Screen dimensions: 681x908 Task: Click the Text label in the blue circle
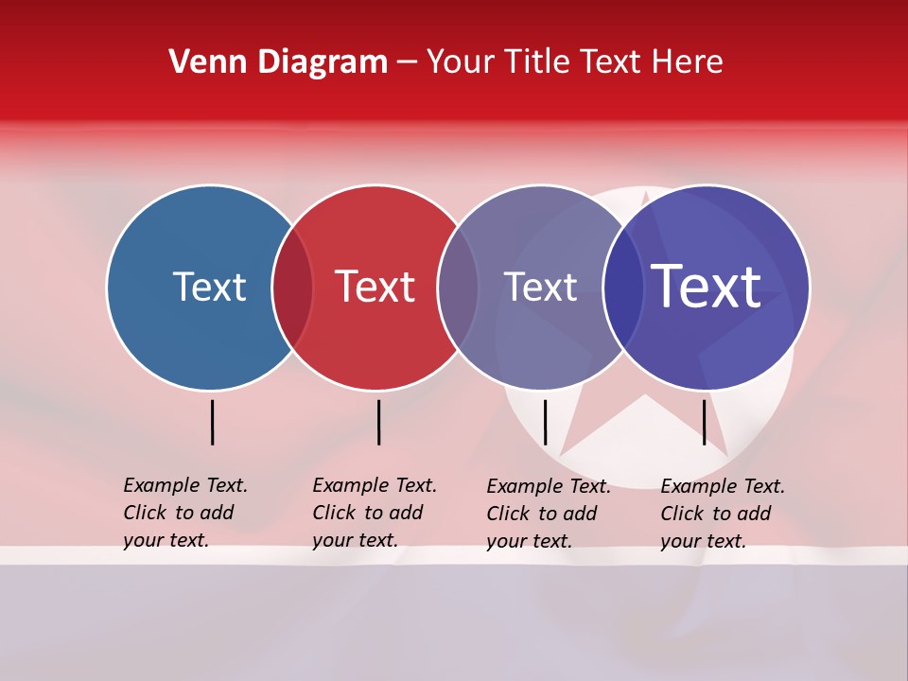(209, 287)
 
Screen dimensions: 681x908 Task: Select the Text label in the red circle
(375, 287)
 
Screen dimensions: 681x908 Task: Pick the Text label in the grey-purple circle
(540, 287)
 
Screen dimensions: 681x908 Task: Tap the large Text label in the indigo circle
(707, 287)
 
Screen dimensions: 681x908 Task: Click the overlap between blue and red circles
(292, 288)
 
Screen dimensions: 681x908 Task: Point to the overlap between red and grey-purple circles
(458, 288)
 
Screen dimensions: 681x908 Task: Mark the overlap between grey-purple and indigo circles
(623, 288)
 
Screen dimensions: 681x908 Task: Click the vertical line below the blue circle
(213, 422)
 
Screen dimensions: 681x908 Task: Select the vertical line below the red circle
(378, 422)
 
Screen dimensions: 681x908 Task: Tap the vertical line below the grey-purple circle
(546, 422)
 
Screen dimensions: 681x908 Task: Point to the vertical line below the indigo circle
(705, 422)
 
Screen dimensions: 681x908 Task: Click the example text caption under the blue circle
(184, 513)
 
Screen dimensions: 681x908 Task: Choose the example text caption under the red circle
(374, 513)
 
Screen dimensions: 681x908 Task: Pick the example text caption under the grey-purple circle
(548, 514)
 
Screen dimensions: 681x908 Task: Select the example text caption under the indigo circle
(722, 514)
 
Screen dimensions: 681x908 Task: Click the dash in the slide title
(407, 62)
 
